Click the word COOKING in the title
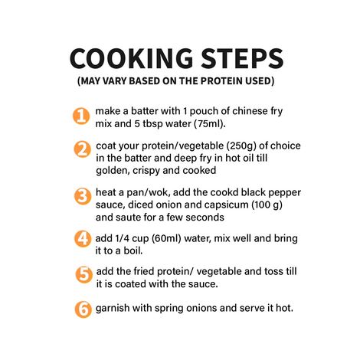126,60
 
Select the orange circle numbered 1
81,116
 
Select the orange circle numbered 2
81,150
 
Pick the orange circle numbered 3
81,196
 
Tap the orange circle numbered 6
81,309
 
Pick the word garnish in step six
116,309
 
